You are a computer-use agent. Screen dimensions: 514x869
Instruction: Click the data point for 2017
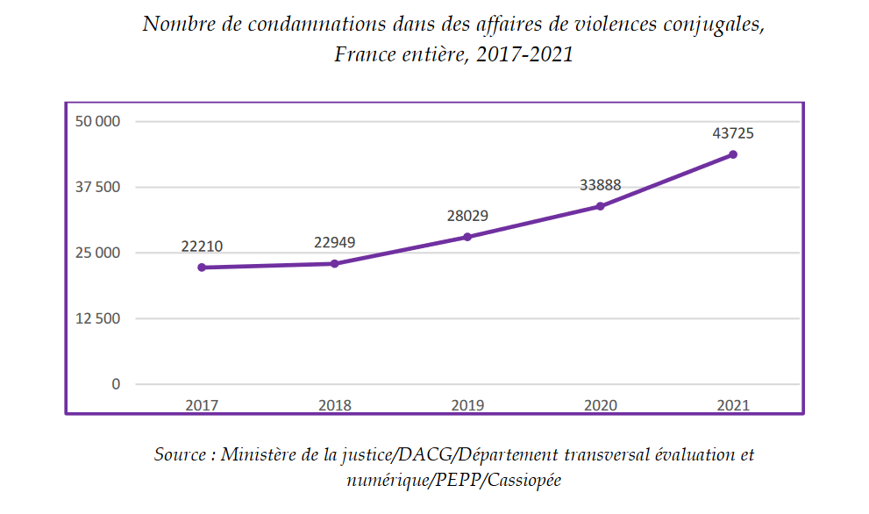pos(202,268)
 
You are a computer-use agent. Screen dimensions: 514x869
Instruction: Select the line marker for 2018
pos(335,263)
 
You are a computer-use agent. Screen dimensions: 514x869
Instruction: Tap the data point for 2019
pos(467,237)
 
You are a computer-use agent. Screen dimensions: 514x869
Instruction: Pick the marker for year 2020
pos(600,206)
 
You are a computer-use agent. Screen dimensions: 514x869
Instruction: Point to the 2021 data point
pos(733,154)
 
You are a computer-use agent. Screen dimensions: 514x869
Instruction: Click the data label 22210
pos(202,246)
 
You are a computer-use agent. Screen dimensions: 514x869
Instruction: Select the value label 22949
pos(335,242)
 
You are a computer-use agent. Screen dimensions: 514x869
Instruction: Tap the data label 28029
pos(467,216)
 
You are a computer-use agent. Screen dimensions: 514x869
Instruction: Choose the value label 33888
pos(600,185)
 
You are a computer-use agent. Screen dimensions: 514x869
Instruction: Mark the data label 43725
pos(733,133)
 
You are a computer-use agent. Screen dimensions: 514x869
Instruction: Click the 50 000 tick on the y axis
pos(96,121)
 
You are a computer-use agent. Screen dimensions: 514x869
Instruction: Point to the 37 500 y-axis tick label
pos(96,187)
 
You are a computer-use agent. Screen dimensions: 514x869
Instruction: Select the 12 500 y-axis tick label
pos(96,318)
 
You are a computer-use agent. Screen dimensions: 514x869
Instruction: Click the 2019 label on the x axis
pos(467,405)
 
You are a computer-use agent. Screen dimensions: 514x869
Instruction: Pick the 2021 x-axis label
pos(733,405)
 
